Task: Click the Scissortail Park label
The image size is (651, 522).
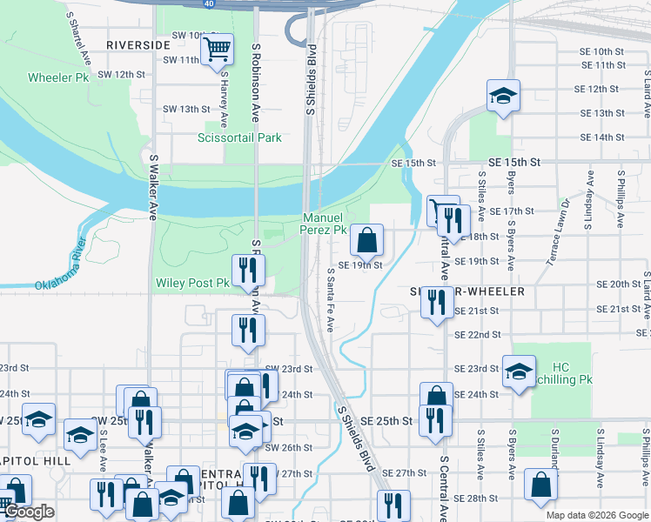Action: pyautogui.click(x=239, y=137)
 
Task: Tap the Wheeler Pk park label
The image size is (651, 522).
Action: pyautogui.click(x=58, y=77)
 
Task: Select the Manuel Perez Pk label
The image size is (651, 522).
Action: pyautogui.click(x=323, y=224)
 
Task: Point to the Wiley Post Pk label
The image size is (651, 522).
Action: pyautogui.click(x=191, y=283)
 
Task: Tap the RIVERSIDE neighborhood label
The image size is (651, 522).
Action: pyautogui.click(x=138, y=44)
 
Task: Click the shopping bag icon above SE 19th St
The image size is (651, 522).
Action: pyautogui.click(x=367, y=238)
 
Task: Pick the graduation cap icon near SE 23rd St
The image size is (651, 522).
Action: pyautogui.click(x=519, y=372)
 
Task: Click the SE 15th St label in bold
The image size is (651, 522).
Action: pyautogui.click(x=514, y=163)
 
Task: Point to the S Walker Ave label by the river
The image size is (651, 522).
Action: pyautogui.click(x=152, y=187)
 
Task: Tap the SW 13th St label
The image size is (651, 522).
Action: pyautogui.click(x=186, y=109)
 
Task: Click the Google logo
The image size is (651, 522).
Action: pyautogui.click(x=30, y=512)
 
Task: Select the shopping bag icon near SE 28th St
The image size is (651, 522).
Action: pyautogui.click(x=540, y=487)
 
